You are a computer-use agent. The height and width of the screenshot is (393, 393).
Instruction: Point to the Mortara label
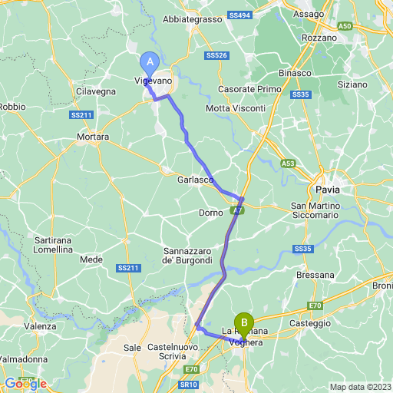click(93, 137)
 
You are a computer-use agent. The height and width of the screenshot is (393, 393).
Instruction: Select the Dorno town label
click(210, 212)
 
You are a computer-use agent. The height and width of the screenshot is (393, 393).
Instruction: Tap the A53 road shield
click(288, 163)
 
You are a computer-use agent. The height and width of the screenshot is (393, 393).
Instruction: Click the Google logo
click(25, 383)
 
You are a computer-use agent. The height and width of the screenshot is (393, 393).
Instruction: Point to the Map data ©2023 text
click(359, 386)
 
